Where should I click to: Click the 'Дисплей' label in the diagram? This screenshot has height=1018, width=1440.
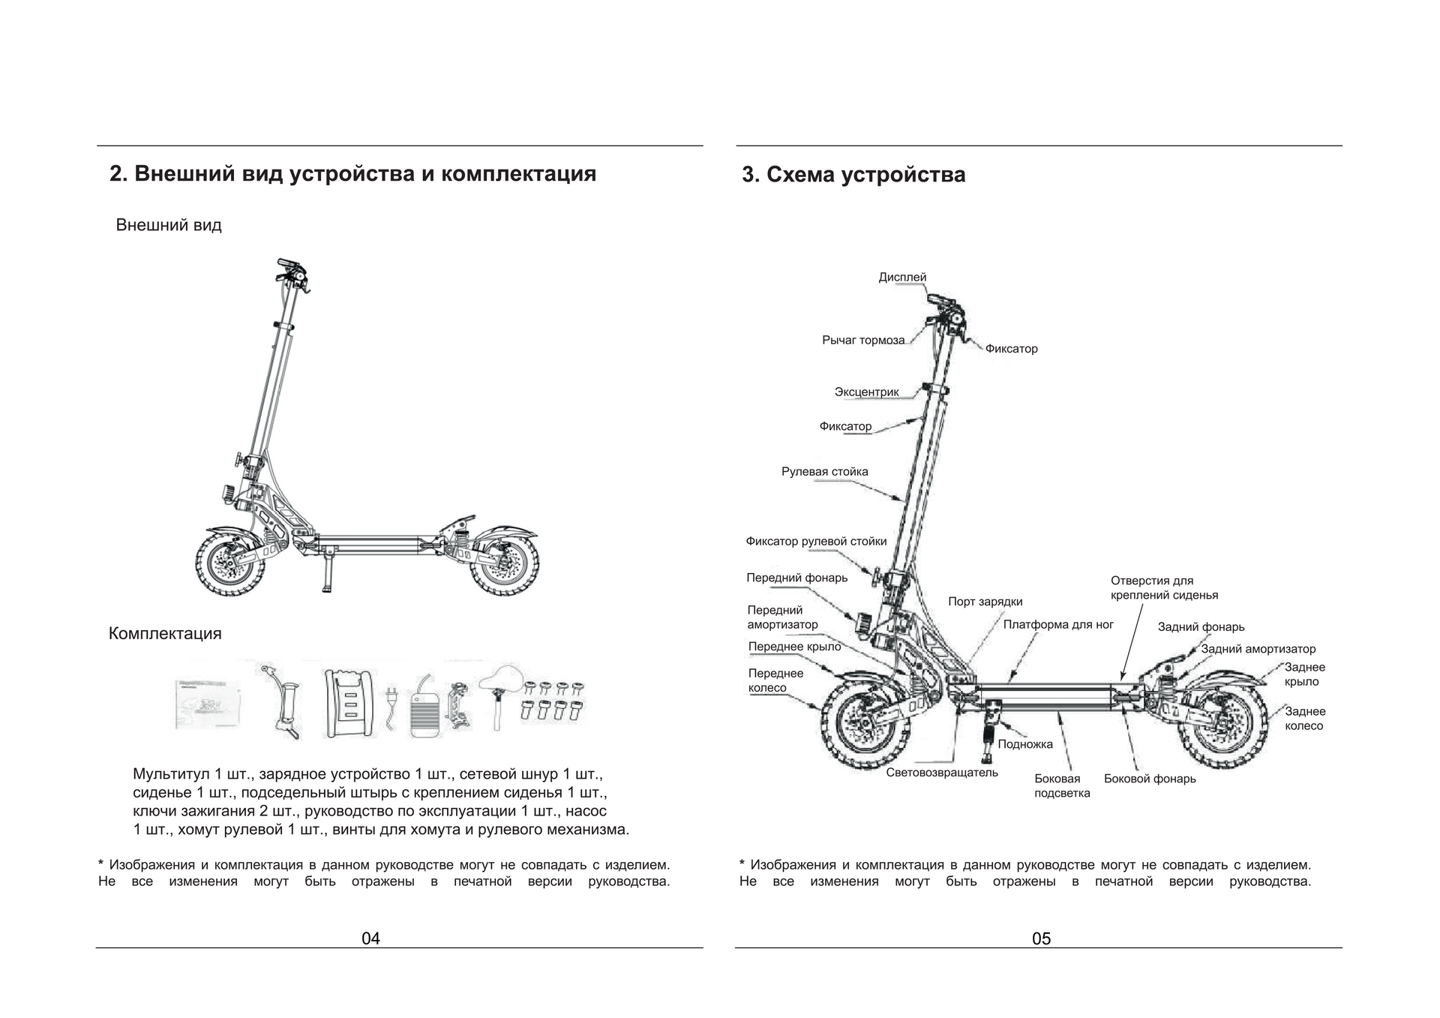point(902,278)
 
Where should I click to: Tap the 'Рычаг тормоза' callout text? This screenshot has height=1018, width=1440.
point(862,341)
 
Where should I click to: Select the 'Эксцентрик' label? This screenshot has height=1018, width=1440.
point(866,392)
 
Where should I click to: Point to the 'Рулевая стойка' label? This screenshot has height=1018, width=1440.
point(824,472)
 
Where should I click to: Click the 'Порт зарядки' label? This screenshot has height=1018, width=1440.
point(985,602)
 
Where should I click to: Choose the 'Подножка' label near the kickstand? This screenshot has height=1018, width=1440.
point(1024,744)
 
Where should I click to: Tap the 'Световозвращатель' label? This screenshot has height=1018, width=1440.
point(941,772)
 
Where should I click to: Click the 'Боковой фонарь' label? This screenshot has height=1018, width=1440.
point(1149,779)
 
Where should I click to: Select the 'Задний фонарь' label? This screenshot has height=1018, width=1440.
point(1200,627)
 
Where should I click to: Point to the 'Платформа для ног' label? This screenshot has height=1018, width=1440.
point(1057,624)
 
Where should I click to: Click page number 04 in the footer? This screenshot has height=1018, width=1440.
point(370,938)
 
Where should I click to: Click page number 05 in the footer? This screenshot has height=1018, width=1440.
point(1041,938)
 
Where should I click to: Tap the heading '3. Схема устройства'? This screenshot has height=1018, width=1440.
point(853,175)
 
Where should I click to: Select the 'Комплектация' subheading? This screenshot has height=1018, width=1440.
point(165,633)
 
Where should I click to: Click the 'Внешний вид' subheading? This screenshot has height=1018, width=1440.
point(169,225)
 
